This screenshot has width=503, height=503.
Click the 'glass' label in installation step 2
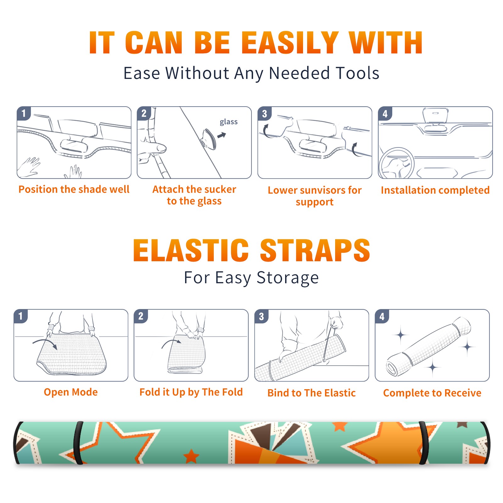(x=229, y=122)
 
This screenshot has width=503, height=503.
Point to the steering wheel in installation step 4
(x=396, y=163)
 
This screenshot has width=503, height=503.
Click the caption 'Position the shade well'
(x=74, y=189)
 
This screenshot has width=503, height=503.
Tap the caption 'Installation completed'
(x=435, y=190)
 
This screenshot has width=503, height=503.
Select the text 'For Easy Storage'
(x=251, y=278)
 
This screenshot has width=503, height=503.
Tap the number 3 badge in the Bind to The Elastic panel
(x=262, y=317)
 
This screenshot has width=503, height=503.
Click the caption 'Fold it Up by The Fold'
(x=191, y=392)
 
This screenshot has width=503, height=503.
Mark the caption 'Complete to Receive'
(x=432, y=393)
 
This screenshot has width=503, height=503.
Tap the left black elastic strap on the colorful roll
(x=78, y=443)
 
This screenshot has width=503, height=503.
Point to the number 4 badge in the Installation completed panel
(x=385, y=114)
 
